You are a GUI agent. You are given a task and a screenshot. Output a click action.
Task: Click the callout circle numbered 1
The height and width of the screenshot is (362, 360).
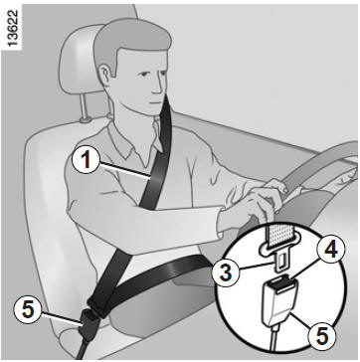pyautogui.click(x=87, y=160)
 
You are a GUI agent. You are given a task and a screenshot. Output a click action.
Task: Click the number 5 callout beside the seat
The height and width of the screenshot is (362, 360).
pyautogui.click(x=28, y=310)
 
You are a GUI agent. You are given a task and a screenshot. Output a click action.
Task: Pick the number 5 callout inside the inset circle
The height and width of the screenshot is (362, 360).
pyautogui.click(x=321, y=337)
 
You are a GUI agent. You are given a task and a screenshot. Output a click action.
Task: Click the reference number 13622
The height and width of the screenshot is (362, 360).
pyautogui.click(x=13, y=29)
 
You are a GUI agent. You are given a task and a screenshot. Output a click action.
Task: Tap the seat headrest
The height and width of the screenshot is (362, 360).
pyautogui.click(x=80, y=60)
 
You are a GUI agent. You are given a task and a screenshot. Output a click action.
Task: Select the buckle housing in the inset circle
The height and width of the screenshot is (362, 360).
pyautogui.click(x=280, y=301)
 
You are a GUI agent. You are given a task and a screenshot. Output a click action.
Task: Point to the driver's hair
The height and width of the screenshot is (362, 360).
pyautogui.click(x=129, y=38)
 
